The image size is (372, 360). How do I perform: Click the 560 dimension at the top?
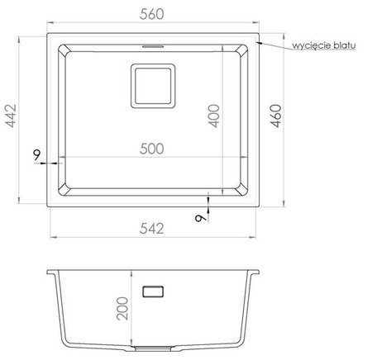pyautogui.click(x=151, y=14)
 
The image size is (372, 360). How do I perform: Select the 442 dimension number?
pyautogui.click(x=12, y=116)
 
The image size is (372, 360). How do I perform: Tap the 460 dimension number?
pyautogui.click(x=275, y=116)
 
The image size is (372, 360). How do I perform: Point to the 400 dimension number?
pyautogui.click(x=213, y=116)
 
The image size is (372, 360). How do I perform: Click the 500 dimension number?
pyautogui.click(x=151, y=149)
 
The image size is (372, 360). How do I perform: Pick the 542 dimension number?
pyautogui.click(x=151, y=229)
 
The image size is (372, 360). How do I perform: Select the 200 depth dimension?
pyautogui.click(x=122, y=309)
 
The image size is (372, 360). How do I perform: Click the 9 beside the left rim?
pyautogui.click(x=36, y=155)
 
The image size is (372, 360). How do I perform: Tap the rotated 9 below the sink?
pyautogui.click(x=200, y=218)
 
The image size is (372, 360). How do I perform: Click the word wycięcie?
pyautogui.click(x=312, y=45)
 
